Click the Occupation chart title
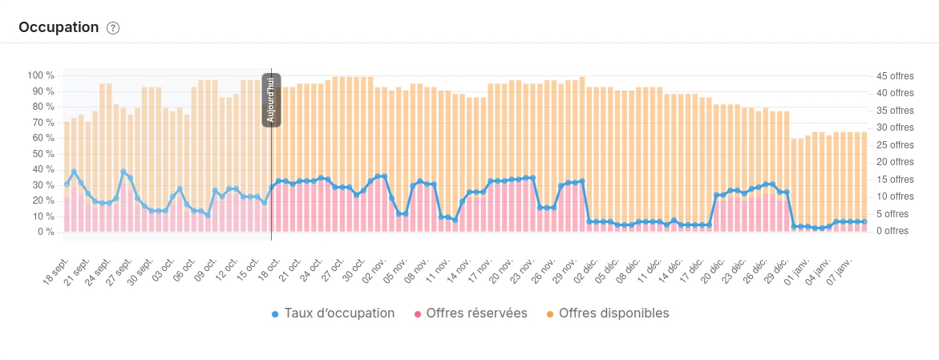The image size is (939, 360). point(59,27)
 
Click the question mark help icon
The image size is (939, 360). point(113,28)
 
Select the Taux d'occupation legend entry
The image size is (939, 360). point(333,313)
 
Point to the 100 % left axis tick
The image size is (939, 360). point(40,75)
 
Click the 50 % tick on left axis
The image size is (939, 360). point(42,154)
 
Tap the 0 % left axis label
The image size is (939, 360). point(45,232)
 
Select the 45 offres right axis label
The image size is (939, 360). point(894,76)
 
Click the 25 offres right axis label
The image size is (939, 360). point(894,145)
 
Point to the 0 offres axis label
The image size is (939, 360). point(892,232)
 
